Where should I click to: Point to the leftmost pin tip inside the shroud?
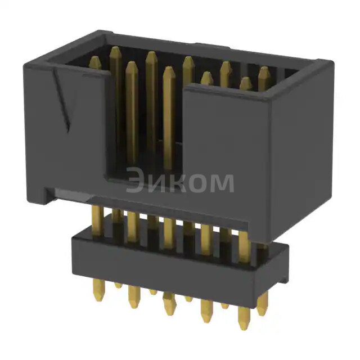(x=96, y=62)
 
